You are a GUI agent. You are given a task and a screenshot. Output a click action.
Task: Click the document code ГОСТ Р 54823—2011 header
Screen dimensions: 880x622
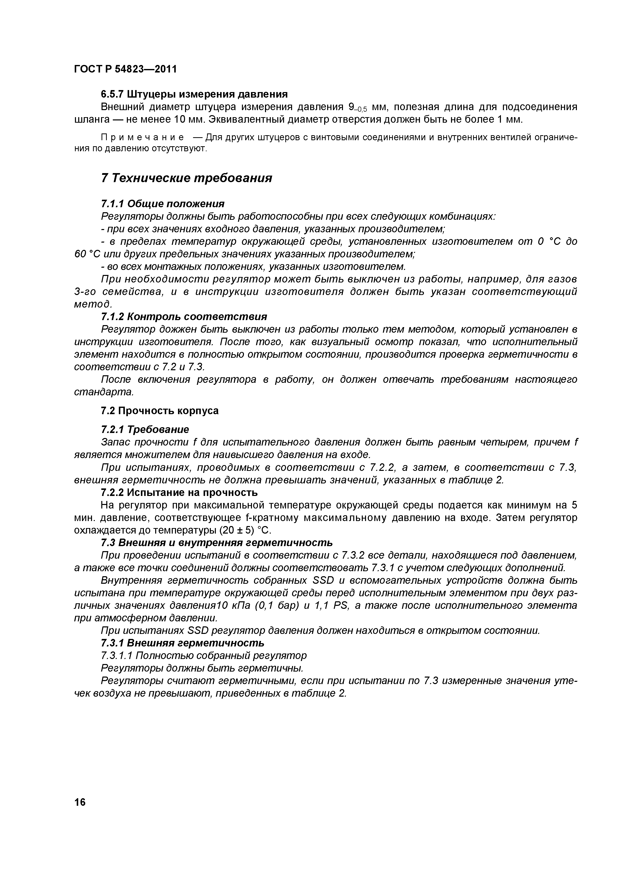tap(125, 69)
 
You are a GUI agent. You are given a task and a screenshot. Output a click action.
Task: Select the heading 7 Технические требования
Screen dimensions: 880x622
tap(187, 178)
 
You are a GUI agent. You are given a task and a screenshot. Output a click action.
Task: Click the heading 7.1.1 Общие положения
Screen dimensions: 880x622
tap(162, 203)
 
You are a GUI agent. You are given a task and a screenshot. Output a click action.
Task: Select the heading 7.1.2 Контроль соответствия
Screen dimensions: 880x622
tap(184, 317)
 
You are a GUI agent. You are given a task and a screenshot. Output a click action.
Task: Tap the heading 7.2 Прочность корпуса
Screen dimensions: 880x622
tap(160, 411)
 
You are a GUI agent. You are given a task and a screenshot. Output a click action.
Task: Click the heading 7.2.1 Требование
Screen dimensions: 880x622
tap(145, 429)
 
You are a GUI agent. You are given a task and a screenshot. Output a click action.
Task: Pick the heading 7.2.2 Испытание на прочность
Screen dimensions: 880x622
tap(179, 492)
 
